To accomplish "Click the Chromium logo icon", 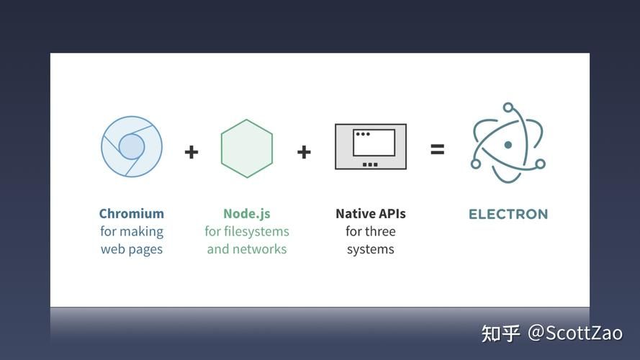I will coord(132,147).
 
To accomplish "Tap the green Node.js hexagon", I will coord(247,148).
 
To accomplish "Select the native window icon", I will coord(370,147).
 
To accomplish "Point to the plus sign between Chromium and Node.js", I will coord(191,152).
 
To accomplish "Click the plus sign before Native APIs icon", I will coord(304,152).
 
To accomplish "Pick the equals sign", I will coord(437,150).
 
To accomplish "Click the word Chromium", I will coord(132,214).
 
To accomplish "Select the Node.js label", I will coord(247,214).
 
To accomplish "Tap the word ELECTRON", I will coord(508,214).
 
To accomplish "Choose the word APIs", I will coord(390,214).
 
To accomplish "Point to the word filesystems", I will coord(256,232).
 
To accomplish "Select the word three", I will coord(380,232).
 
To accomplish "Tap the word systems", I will coord(370,250).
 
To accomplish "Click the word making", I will coord(141,232).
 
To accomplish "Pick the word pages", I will coord(147,250).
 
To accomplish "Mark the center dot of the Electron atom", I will coord(508,145).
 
